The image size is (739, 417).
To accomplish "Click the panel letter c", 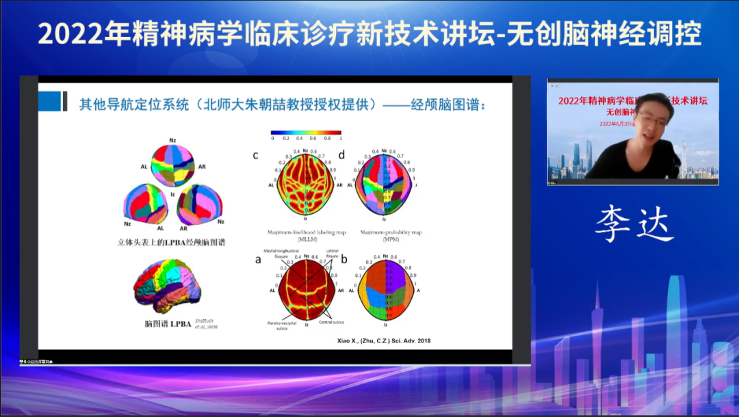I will click(255, 155).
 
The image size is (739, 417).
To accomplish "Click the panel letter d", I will click(341, 155).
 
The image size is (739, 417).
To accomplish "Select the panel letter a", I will click(258, 259).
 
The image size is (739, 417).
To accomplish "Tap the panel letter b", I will click(344, 259).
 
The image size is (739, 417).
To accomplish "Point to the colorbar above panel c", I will click(306, 132).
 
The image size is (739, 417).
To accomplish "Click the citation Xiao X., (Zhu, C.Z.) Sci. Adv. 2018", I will click(385, 340).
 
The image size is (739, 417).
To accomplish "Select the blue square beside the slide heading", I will click(49, 101).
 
